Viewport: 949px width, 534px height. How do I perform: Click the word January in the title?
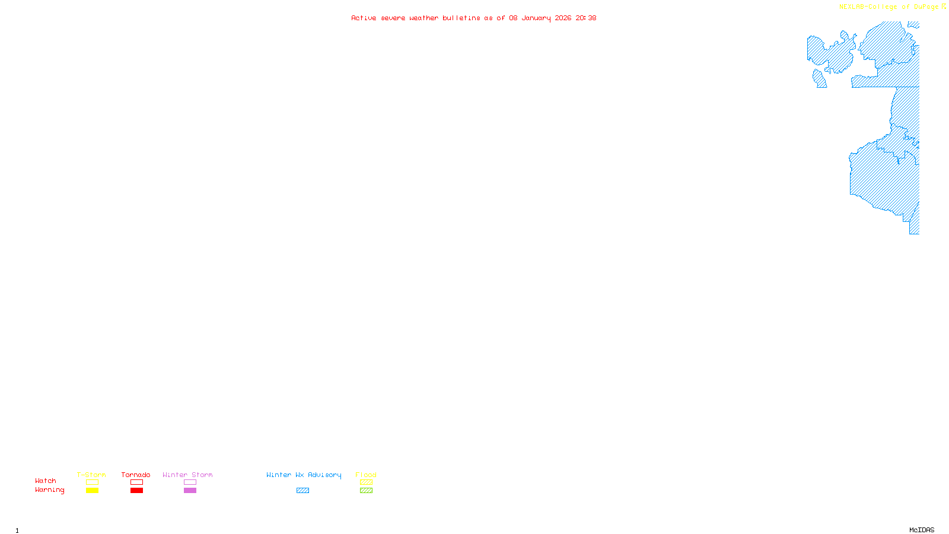(x=536, y=18)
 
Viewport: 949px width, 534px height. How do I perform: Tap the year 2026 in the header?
(x=563, y=18)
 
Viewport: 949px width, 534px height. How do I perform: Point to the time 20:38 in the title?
(x=586, y=18)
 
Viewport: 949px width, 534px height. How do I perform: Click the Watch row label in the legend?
(x=46, y=481)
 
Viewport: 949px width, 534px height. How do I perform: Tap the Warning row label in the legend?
(x=50, y=490)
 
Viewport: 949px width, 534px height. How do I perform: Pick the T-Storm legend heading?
(x=91, y=475)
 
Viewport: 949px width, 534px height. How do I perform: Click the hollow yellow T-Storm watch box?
(x=92, y=482)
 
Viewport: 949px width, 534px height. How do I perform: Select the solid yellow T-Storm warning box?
(x=92, y=491)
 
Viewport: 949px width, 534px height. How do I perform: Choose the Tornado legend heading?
(x=136, y=475)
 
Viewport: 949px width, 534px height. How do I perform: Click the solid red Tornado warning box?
(x=136, y=491)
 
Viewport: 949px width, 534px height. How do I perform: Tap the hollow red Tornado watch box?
(x=136, y=482)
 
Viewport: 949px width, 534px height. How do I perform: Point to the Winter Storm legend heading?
(x=187, y=475)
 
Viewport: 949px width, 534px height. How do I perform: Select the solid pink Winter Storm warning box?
(x=190, y=491)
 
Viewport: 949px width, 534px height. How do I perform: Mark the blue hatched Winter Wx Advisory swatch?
(x=302, y=491)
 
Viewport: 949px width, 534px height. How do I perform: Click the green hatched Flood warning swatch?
(x=366, y=491)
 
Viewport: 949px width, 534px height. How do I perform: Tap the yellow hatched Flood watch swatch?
(x=366, y=482)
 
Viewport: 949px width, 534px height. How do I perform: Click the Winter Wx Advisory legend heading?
(x=304, y=475)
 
